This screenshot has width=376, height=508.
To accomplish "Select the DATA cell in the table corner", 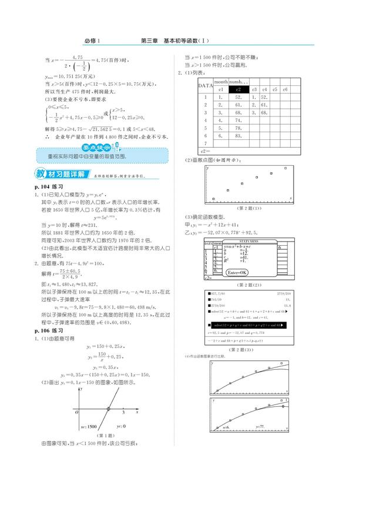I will pyautogui.click(x=205, y=86).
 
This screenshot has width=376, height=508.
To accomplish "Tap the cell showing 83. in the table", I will pyautogui.click(x=239, y=135).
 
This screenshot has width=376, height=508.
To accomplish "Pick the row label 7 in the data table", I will pyautogui.click(x=206, y=143).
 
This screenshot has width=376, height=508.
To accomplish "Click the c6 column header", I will pyautogui.click(x=285, y=89).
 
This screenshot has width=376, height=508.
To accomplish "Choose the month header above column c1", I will pyautogui.click(x=221, y=82).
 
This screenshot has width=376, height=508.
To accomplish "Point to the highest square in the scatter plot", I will pyautogui.click(x=286, y=168).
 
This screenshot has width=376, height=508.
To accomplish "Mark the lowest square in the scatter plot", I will pyautogui.click(x=214, y=199).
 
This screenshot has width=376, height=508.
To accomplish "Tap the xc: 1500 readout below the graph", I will pyautogui.click(x=88, y=425).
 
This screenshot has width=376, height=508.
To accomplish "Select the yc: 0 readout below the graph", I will pyautogui.click(x=122, y=425).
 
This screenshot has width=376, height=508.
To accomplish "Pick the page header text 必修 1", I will pyautogui.click(x=93, y=41).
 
